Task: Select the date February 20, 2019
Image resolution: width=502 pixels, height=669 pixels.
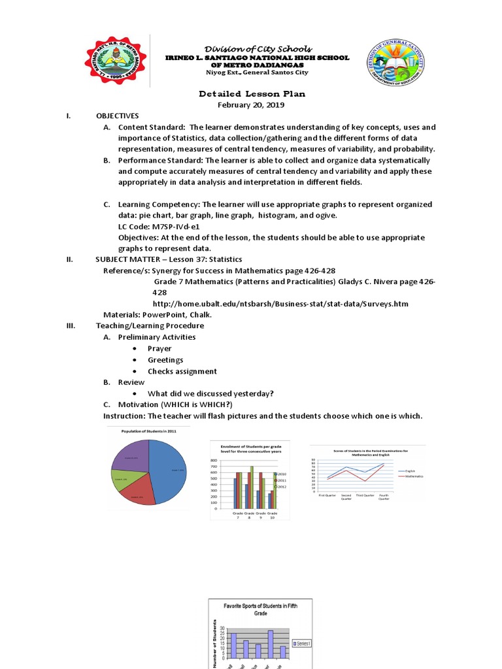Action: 252,105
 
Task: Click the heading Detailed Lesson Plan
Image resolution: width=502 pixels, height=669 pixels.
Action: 252,94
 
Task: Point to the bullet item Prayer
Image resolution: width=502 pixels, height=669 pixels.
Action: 159,348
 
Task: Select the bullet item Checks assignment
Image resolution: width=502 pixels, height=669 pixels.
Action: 182,371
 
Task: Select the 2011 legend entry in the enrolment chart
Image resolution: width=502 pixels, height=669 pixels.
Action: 282,480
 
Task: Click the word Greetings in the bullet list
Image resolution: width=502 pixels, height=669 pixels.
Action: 165,360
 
